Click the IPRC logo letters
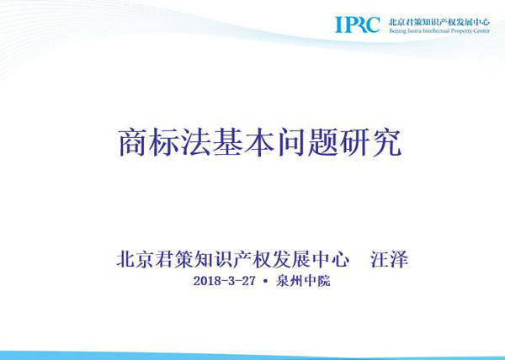coord(358,24)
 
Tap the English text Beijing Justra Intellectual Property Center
coord(439,31)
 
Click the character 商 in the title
coord(132,142)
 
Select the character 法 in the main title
coord(195,142)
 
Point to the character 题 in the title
coord(322,142)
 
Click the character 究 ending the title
coord(386,142)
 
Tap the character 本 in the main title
coord(259,142)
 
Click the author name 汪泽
coord(389,259)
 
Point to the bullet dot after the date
coord(265,281)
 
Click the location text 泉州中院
coord(303,281)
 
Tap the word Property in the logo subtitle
coord(461,31)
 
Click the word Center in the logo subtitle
coord(481,31)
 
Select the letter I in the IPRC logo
coord(338,24)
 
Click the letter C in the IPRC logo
coord(373,24)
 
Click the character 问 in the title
coord(291,142)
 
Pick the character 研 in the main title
coord(354,142)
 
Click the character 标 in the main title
coord(164,142)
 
